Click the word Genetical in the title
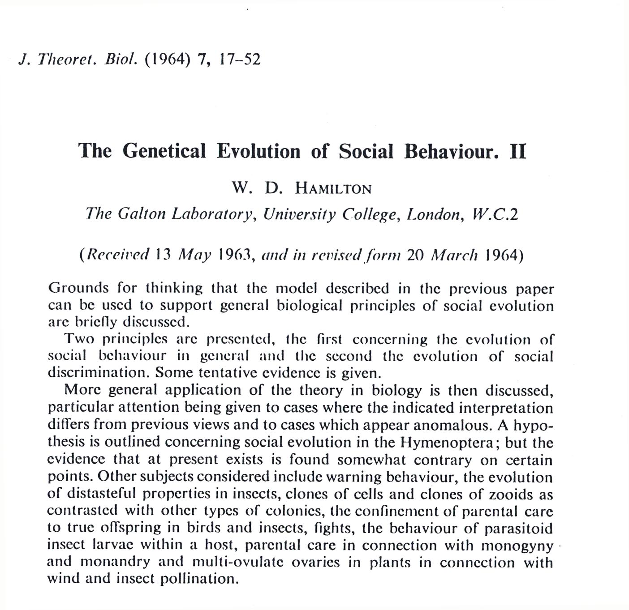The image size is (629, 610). click(x=164, y=151)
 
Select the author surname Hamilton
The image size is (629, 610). click(x=333, y=188)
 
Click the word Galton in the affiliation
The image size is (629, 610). click(x=142, y=214)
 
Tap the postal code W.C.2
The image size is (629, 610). click(x=495, y=214)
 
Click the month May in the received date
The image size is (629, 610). click(x=194, y=255)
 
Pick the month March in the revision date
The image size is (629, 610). click(x=454, y=255)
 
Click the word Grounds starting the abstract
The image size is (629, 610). click(x=78, y=288)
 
